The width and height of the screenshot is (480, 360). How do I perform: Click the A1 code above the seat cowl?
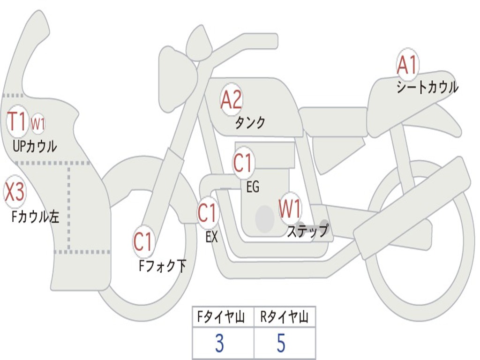407,65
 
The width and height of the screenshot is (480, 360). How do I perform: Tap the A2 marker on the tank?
231,99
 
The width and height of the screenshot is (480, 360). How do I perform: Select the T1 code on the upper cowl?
18,122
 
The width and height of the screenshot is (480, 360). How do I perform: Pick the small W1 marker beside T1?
38,124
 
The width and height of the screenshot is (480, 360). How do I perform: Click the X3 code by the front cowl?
14,192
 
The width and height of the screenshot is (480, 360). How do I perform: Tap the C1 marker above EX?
207,213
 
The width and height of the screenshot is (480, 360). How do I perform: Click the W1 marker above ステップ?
290,209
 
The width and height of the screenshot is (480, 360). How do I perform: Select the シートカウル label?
427,88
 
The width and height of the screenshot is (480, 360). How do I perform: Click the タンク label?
250,123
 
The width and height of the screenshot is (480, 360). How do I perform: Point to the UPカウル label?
35,146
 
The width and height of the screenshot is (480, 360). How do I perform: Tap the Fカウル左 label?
36,217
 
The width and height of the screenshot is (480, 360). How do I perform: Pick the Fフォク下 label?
162,266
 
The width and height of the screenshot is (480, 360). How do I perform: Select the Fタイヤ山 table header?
222,318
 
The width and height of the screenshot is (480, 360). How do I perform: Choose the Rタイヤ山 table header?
285,318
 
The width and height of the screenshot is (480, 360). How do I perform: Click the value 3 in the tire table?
219,344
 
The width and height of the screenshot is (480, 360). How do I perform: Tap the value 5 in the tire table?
281,344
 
